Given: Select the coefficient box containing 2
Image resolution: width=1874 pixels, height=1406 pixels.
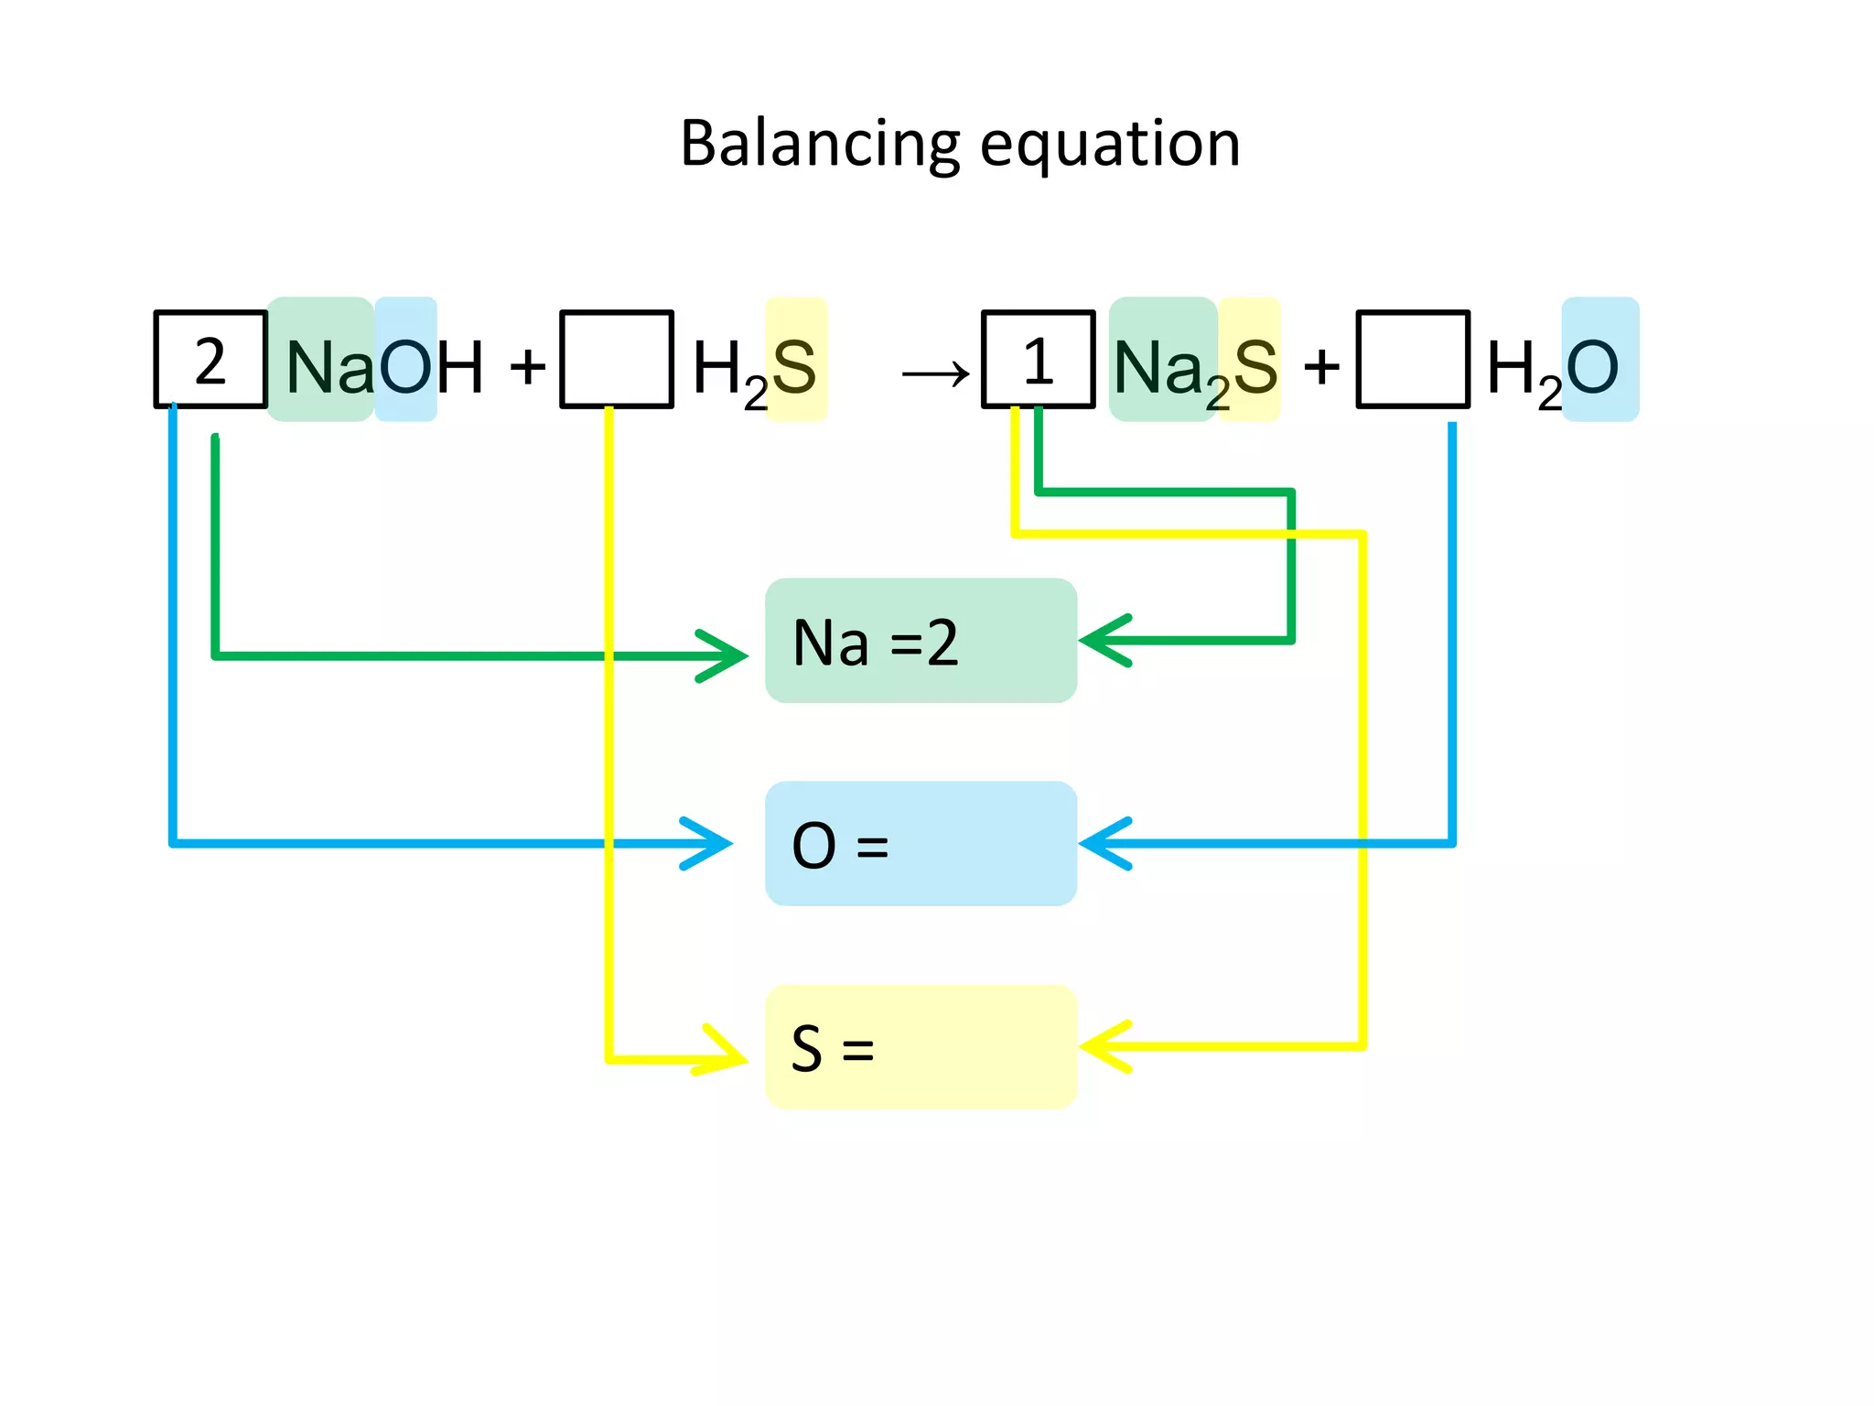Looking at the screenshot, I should (210, 360).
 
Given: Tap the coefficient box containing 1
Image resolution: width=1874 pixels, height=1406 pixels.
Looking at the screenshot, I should (1038, 360).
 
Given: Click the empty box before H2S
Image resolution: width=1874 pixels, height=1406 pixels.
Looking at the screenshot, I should (617, 360).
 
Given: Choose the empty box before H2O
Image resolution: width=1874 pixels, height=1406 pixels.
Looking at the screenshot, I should (1412, 360).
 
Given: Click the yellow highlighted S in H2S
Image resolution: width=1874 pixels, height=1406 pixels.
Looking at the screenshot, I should (794, 366).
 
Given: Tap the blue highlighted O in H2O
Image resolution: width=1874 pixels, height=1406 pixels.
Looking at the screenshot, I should (1594, 366).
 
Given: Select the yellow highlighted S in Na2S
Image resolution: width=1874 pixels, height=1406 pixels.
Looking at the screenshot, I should (1255, 366).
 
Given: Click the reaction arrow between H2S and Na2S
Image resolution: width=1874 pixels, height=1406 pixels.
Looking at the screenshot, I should (935, 373).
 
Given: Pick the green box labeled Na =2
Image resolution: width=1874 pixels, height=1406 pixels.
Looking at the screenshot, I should (921, 641).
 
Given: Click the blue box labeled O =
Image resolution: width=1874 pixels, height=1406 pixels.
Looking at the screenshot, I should (921, 844).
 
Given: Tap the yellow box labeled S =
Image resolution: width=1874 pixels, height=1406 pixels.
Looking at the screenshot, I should (921, 1047).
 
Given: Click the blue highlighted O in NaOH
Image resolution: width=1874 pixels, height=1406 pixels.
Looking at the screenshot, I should (404, 366).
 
